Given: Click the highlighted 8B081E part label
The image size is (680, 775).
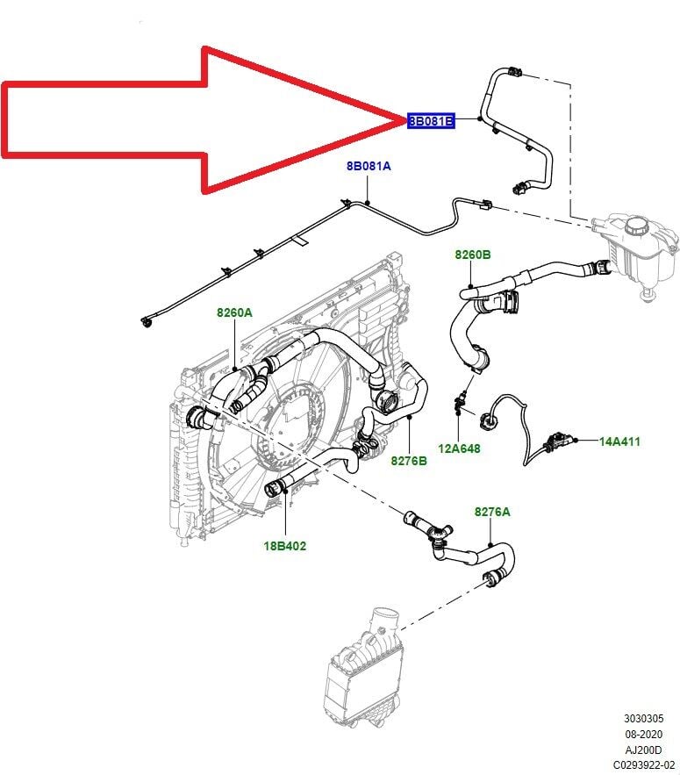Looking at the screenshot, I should click(x=431, y=121).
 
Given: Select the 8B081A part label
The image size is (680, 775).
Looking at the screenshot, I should click(x=369, y=165).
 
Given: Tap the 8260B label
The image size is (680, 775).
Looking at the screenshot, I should click(x=472, y=255).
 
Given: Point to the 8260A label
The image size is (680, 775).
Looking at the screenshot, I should click(x=234, y=312).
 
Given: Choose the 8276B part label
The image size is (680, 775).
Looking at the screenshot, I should click(x=409, y=460).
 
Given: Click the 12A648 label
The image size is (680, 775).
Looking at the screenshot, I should click(x=460, y=448).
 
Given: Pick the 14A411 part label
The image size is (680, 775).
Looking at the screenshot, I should click(x=619, y=441).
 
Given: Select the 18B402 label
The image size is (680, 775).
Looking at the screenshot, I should click(x=285, y=545).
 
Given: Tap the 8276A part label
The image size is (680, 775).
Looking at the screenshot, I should click(x=492, y=510).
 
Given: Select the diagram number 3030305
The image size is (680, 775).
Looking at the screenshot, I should click(x=644, y=720).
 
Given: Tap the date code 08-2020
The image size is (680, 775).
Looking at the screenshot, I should click(x=644, y=735).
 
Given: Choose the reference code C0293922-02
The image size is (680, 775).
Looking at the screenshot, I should click(x=644, y=764).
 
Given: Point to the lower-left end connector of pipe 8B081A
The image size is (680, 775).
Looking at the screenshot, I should click(x=146, y=321).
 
